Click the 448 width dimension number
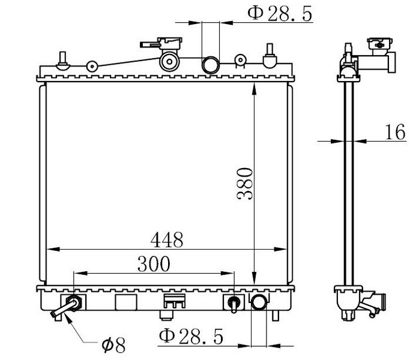167,239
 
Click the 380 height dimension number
244,183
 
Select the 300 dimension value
154,264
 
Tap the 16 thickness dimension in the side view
395,131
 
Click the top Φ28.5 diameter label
280,14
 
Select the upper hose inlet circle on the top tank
211,65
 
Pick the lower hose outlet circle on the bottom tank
259,302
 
